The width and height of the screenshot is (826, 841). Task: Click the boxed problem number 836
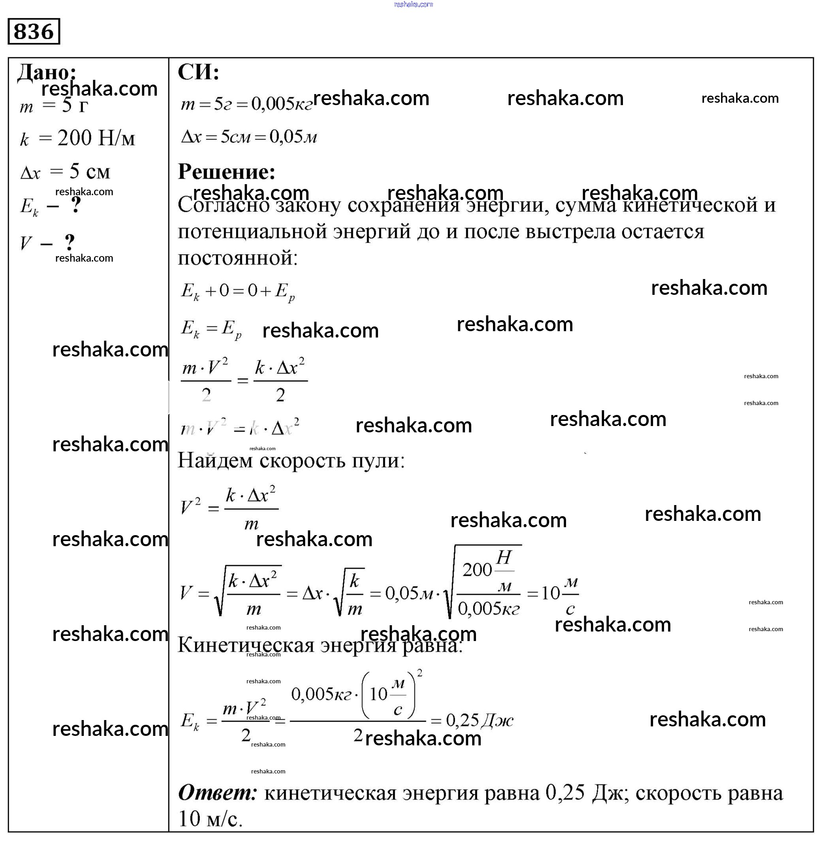click(x=34, y=31)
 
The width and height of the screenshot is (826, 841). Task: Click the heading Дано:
click(x=47, y=72)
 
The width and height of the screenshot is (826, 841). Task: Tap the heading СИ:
click(x=198, y=72)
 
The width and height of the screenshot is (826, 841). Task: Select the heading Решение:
click(x=226, y=172)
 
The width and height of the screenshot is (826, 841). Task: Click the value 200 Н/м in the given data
click(x=96, y=138)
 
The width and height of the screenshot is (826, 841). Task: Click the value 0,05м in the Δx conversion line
click(x=293, y=137)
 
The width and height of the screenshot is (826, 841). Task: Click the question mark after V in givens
click(x=70, y=242)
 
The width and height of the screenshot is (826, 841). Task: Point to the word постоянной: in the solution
click(x=237, y=258)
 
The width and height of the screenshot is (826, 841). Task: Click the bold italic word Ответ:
click(x=217, y=793)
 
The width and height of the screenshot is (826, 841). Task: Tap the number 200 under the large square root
click(x=477, y=570)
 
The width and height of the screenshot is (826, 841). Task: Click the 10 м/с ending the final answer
click(x=211, y=819)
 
